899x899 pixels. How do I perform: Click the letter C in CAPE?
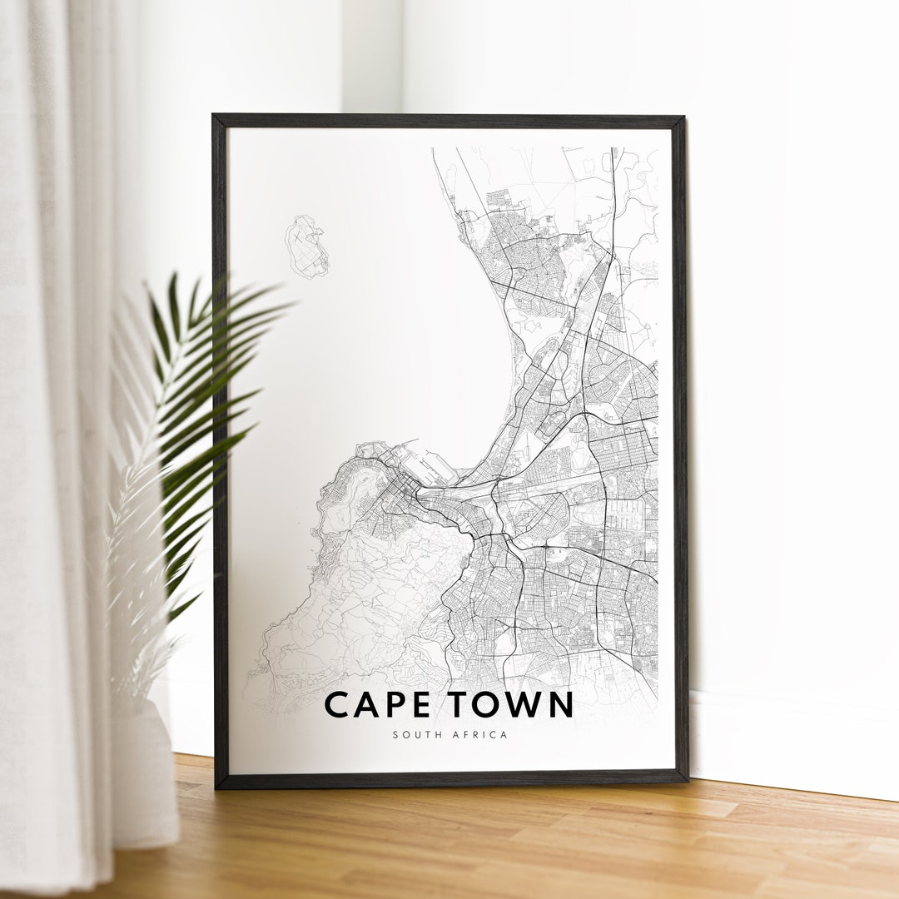[335, 704]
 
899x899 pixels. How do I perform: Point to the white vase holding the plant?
[146, 774]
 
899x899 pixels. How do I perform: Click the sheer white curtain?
[50, 416]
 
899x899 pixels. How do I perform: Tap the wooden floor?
[499, 841]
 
